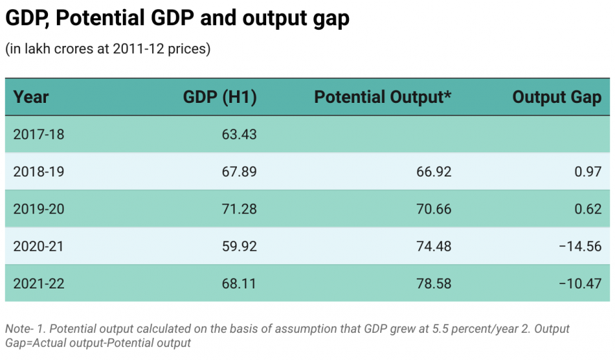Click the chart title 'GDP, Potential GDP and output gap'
177,19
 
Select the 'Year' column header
31,97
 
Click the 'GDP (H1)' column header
220,97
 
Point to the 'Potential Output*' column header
383,97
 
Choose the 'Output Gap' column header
557,97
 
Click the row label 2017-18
39,134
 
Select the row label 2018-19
39,172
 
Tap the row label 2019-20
39,208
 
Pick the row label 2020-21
39,246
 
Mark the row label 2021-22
39,283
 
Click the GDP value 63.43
239,134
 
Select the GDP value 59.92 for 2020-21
239,246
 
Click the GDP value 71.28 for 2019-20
239,208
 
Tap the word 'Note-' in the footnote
20,329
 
